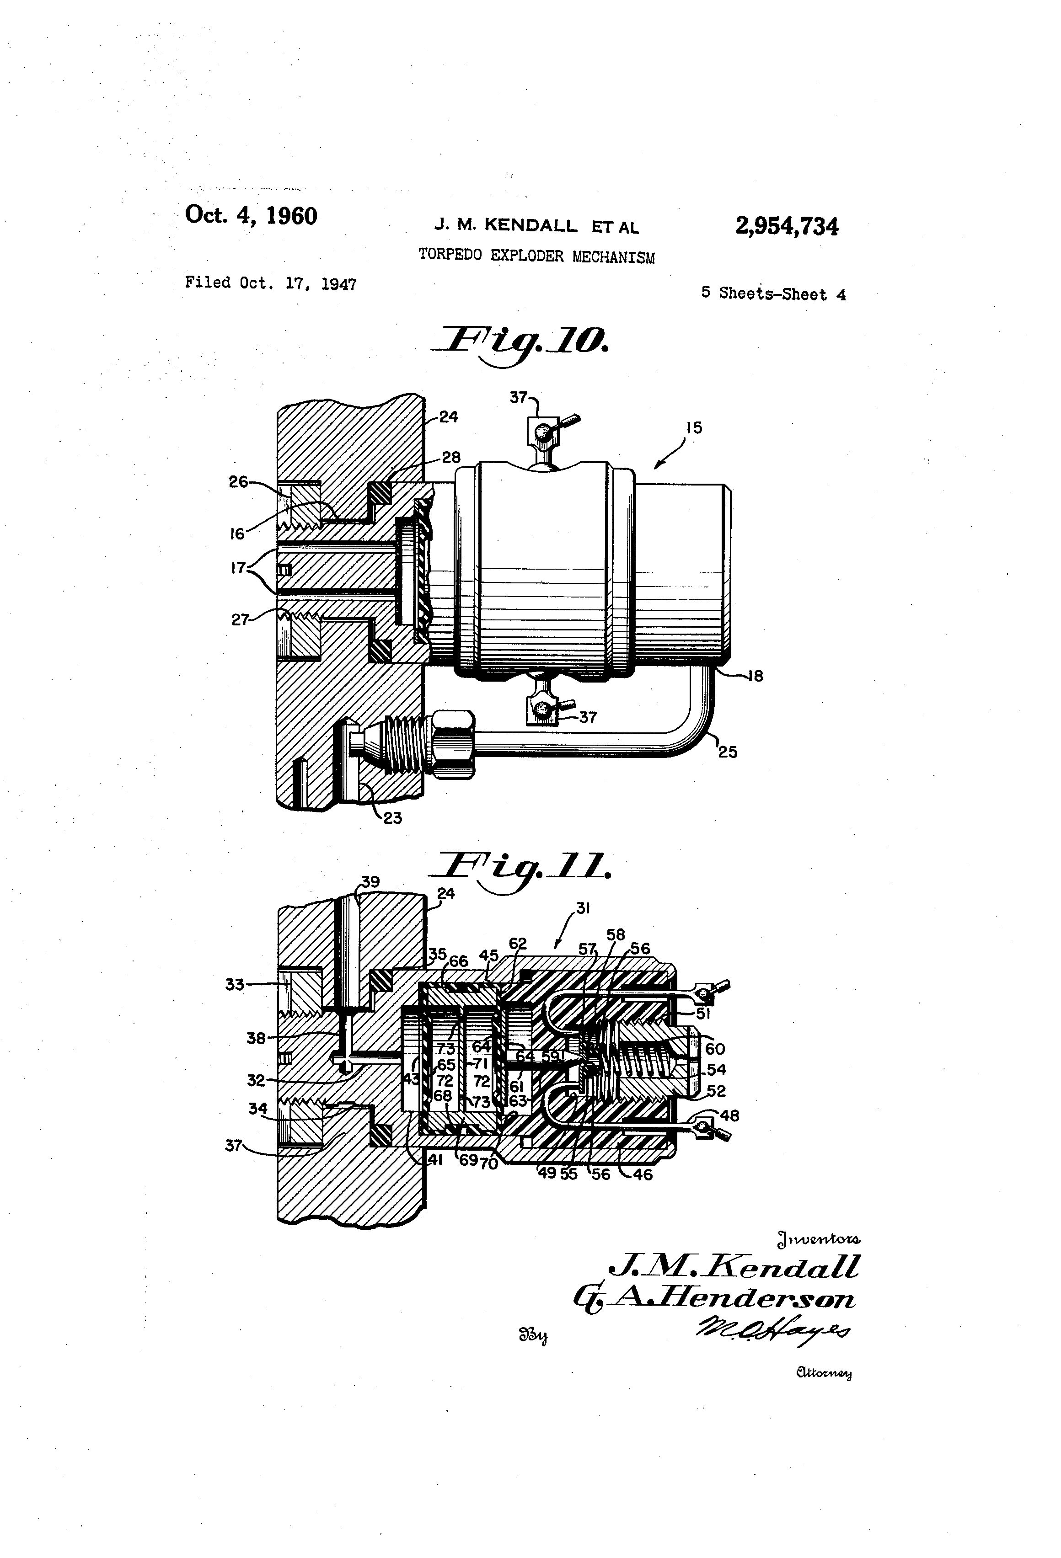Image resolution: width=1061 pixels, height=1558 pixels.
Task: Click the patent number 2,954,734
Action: point(786,227)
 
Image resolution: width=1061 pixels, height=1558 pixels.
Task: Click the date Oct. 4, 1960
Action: point(251,216)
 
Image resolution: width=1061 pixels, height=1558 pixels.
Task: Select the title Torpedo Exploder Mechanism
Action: point(536,256)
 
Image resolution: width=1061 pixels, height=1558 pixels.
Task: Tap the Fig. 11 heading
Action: point(522,868)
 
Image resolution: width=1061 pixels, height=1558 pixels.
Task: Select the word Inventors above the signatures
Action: point(818,1239)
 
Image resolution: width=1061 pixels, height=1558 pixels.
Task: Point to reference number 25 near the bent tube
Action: point(728,752)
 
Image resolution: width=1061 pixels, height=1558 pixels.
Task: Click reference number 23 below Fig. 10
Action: point(392,818)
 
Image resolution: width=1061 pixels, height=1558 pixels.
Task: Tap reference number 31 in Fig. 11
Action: point(583,908)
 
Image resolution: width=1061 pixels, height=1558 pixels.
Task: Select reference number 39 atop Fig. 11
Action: point(370,882)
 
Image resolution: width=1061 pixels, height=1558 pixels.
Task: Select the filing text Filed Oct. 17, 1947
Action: point(270,283)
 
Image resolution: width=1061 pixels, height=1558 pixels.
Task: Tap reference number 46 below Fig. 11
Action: point(643,1174)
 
